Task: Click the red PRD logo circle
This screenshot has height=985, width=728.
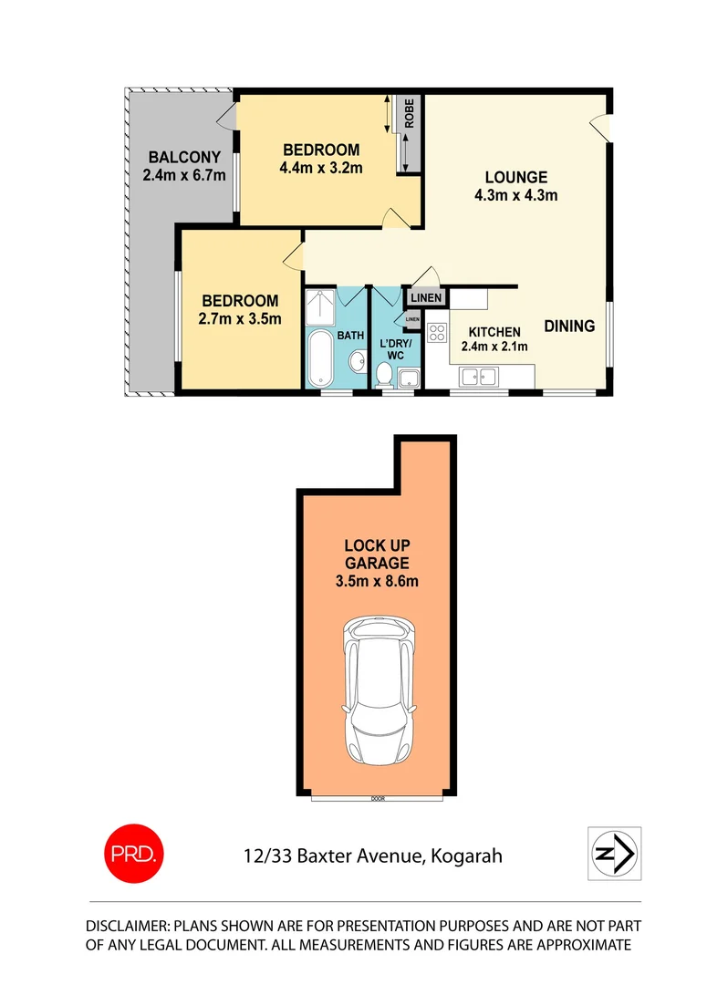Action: pos(133,855)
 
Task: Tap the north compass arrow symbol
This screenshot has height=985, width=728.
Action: pos(615,854)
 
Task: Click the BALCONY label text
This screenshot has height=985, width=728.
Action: pos(184,157)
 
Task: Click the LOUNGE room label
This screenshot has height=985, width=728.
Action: pos(515,177)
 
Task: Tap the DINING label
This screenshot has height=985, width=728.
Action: pos(570,326)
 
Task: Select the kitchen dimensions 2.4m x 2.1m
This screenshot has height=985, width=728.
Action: pos(494,346)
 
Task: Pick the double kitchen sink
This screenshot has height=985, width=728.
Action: pos(477,375)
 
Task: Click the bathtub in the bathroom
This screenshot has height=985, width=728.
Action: pos(320,359)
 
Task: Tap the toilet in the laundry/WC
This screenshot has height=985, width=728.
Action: pos(384,374)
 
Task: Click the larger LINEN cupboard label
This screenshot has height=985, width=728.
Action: pos(426,298)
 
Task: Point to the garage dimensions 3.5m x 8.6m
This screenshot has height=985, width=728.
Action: pos(376,581)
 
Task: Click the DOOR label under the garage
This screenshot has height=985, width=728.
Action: pos(377,799)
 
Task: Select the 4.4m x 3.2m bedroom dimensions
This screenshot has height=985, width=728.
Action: pos(321,167)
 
